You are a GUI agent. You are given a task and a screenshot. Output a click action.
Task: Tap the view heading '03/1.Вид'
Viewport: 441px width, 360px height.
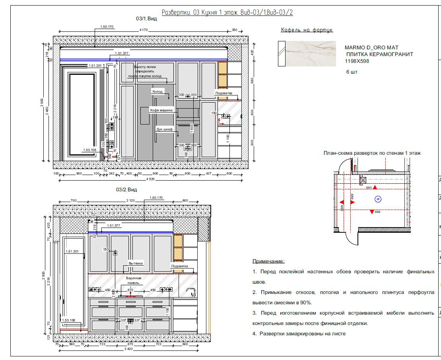coord(147,18)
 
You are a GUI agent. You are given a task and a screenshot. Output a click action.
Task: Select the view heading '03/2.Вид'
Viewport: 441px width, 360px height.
coord(127,190)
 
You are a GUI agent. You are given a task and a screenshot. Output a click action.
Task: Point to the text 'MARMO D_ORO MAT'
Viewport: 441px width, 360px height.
coord(371,48)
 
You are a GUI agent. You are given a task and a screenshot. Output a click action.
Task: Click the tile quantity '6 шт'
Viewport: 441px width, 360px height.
coord(352,73)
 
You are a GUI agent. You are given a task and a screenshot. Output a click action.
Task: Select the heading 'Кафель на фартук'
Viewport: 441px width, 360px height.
coord(307,30)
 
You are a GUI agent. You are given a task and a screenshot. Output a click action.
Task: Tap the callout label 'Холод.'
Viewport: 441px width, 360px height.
coord(158,91)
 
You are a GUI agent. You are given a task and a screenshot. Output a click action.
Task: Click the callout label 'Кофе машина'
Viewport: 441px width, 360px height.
coord(161,109)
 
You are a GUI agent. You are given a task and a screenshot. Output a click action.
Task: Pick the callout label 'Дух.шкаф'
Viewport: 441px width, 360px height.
coord(164,129)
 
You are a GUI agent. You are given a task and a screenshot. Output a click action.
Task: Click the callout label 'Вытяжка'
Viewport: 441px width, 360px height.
coord(136,263)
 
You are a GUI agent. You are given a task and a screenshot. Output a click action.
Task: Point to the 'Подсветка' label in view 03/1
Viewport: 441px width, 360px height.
coord(223,93)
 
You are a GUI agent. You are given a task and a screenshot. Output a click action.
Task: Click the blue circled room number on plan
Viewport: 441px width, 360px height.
coord(378,198)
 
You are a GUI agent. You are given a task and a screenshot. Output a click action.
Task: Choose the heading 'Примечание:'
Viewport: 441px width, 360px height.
coord(268,261)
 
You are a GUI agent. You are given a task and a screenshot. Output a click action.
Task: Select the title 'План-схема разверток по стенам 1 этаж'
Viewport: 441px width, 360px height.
coord(372,153)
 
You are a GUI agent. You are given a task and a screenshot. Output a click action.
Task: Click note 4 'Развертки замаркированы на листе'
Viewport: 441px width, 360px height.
coord(299,334)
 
